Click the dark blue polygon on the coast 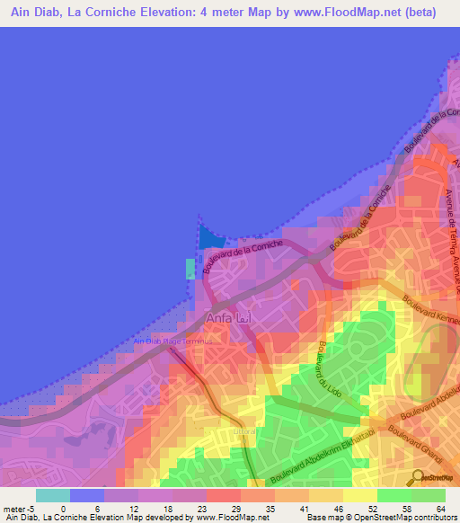pos(210,237)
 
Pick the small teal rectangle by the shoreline pos(190,269)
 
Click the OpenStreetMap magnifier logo pos(419,478)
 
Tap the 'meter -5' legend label pos(20,507)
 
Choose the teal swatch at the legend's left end pos(52,494)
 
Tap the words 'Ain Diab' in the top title pos(38,13)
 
